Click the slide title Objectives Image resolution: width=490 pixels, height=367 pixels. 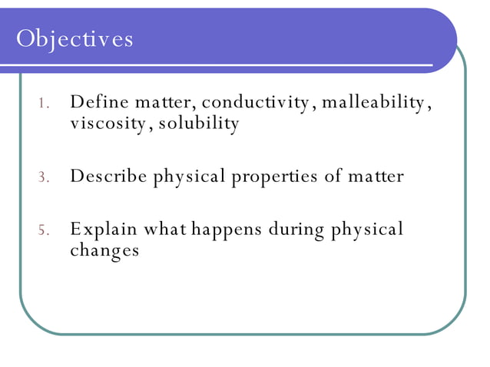pyautogui.click(x=74, y=38)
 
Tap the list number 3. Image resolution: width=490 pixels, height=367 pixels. pyautogui.click(x=44, y=178)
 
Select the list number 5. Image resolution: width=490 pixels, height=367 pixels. pyautogui.click(x=44, y=230)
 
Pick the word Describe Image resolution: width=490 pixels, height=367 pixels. pyautogui.click(x=108, y=176)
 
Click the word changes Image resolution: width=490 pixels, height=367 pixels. pyautogui.click(x=104, y=250)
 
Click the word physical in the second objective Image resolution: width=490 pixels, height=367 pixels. pyautogui.click(x=190, y=177)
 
